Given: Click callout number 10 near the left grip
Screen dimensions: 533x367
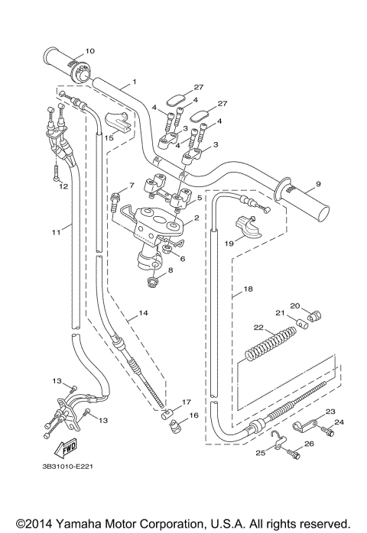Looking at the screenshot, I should [89, 51].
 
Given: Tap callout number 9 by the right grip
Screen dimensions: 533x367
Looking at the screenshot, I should [317, 184].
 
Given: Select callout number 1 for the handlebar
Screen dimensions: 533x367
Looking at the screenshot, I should [134, 82].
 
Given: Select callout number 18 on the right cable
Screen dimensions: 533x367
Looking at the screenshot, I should [247, 290].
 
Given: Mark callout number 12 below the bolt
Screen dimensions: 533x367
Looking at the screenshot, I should [64, 186].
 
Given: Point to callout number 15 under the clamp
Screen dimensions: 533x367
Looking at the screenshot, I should [109, 138].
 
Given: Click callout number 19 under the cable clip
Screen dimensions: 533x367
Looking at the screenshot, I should [229, 244].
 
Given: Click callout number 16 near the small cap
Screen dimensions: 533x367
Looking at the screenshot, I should [193, 415].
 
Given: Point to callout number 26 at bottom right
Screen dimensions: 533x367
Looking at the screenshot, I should [310, 444].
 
